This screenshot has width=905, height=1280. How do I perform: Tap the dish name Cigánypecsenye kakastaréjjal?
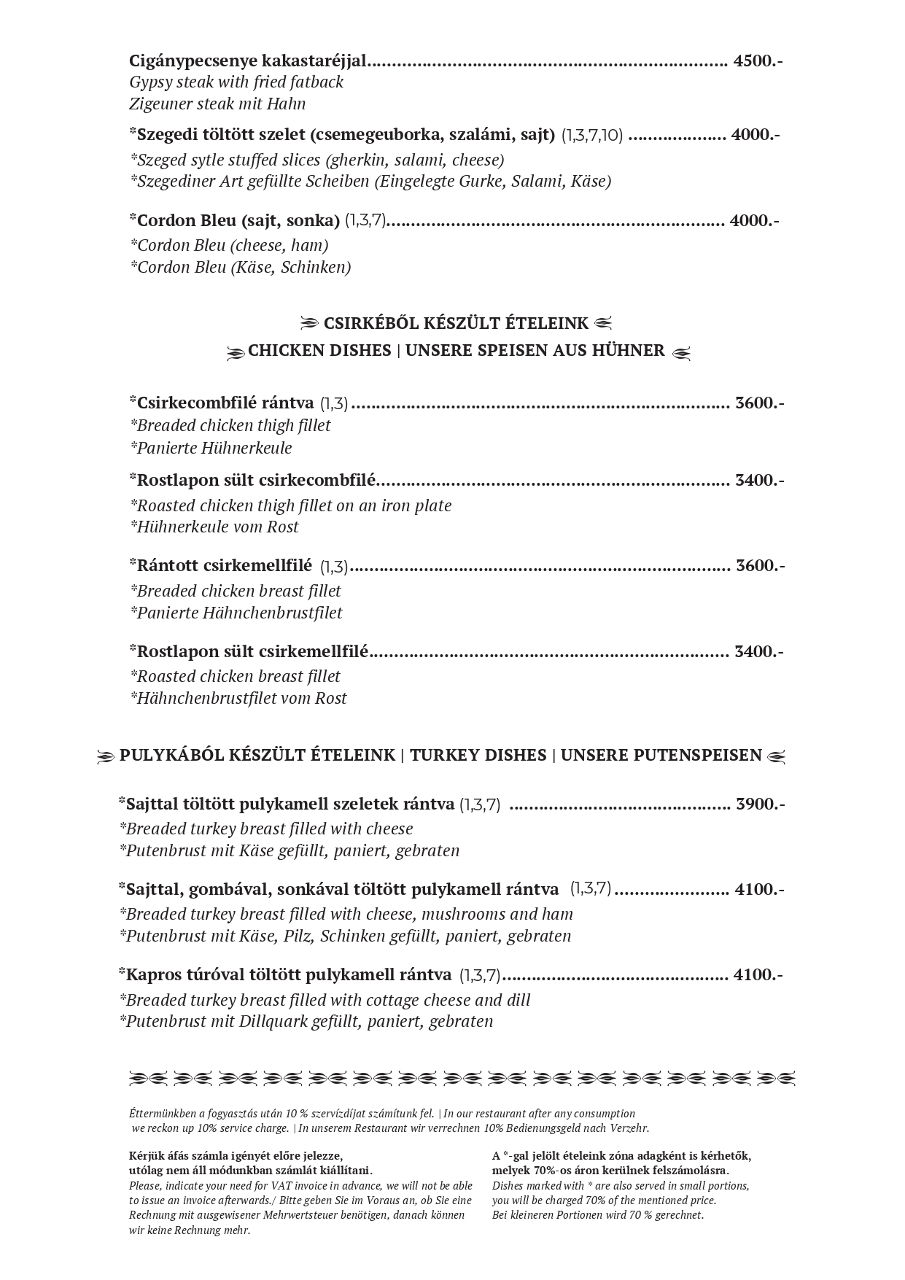pyautogui.click(x=248, y=61)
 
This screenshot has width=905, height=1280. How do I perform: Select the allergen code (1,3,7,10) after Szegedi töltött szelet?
pyautogui.click(x=591, y=136)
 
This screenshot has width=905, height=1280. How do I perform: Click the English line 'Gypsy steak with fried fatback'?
pyautogui.click(x=236, y=82)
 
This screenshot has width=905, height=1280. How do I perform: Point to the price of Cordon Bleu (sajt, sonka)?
pyautogui.click(x=754, y=220)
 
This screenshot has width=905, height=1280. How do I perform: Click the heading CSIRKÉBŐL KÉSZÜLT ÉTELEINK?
pyautogui.click(x=456, y=323)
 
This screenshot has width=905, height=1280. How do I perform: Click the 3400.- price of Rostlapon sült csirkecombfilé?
pyautogui.click(x=759, y=480)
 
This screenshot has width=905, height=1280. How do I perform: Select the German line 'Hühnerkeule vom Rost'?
pyautogui.click(x=214, y=527)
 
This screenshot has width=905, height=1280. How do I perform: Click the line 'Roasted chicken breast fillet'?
pyautogui.click(x=235, y=676)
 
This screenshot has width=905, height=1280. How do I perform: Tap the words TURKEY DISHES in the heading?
pyautogui.click(x=478, y=755)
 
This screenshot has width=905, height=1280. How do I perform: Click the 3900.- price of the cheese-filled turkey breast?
pyautogui.click(x=760, y=804)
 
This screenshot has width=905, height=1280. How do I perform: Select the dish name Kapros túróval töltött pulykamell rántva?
pyautogui.click(x=289, y=974)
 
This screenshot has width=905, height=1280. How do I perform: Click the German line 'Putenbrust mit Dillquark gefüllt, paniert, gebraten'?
pyautogui.click(x=306, y=1021)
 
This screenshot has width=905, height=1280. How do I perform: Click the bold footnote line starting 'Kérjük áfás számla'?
pyautogui.click(x=235, y=1155)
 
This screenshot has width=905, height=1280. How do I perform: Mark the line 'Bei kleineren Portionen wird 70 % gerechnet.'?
pyautogui.click(x=598, y=1214)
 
